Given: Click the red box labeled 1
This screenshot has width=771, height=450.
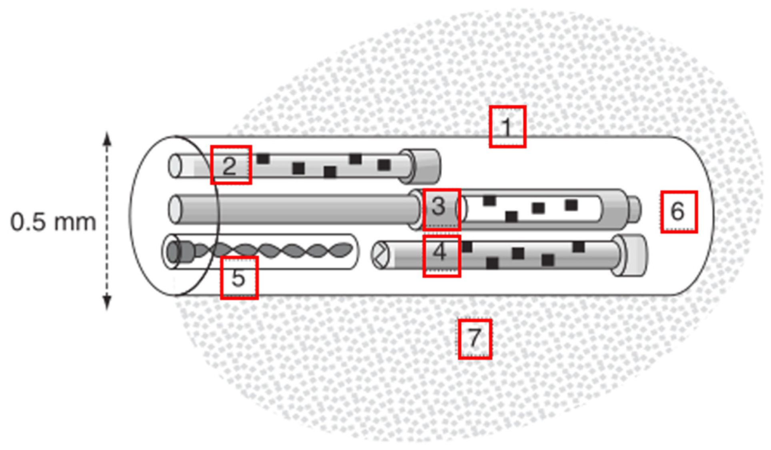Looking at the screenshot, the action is [507, 127].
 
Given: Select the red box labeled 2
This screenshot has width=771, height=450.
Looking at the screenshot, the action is [231, 165].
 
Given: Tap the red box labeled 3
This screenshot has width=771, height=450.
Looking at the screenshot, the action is [442, 210].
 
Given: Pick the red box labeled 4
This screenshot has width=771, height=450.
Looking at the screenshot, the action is [442, 256].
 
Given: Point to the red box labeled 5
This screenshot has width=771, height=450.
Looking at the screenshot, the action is [239, 278].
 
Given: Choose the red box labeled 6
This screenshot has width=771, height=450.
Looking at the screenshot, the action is [679, 212].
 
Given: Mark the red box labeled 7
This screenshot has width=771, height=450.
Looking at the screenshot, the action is [475, 339].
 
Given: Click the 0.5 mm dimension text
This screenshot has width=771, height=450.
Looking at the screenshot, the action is [53, 222].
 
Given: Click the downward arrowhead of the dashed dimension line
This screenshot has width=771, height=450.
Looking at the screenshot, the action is [107, 303].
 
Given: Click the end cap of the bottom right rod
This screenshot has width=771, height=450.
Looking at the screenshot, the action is [631, 256].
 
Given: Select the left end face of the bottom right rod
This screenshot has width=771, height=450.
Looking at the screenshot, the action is [380, 255].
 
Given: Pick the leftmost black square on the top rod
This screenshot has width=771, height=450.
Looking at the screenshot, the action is [263, 159].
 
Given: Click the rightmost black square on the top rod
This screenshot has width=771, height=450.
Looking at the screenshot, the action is [384, 165].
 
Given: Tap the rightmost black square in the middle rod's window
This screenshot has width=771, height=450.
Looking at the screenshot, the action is [571, 205].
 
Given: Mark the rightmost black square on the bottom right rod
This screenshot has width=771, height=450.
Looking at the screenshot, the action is [578, 247].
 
